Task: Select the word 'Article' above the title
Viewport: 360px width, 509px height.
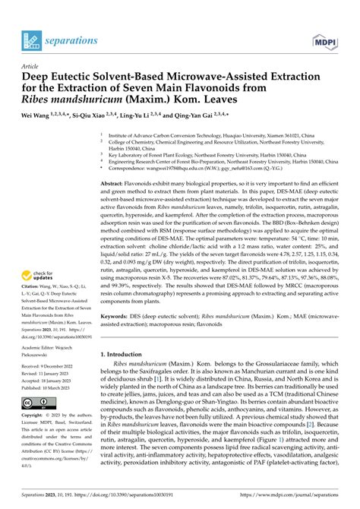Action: [x=32, y=65]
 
